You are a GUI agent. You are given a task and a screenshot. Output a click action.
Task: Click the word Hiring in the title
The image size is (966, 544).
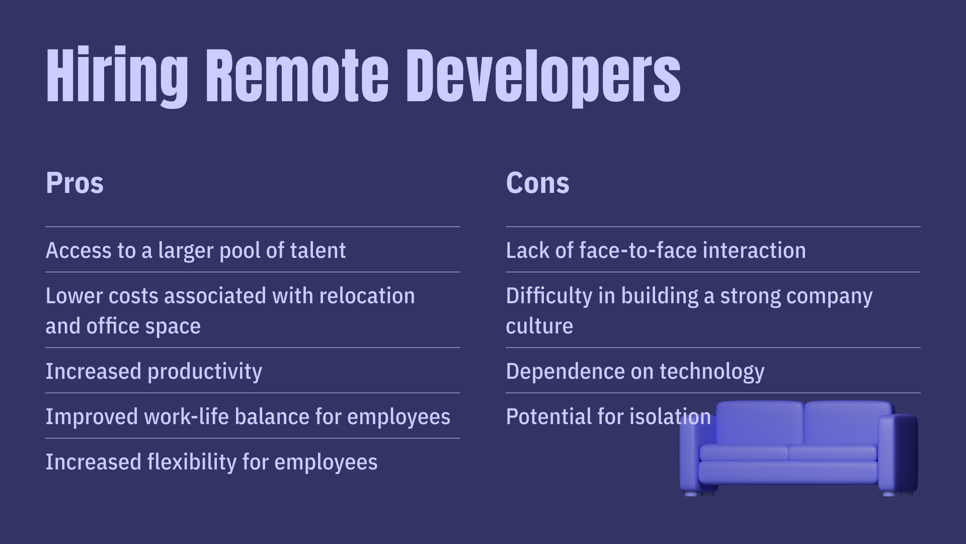117,77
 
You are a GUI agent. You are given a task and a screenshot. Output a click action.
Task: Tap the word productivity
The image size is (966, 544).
205,372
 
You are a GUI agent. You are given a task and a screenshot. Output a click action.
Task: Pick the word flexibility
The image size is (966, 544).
192,462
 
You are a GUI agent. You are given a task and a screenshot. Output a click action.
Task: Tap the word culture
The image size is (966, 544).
539,326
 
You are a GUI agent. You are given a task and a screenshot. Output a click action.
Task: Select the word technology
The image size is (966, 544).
712,372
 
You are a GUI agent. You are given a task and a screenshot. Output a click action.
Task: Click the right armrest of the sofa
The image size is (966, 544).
899,453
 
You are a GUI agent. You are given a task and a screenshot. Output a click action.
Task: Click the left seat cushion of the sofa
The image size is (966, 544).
744,453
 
